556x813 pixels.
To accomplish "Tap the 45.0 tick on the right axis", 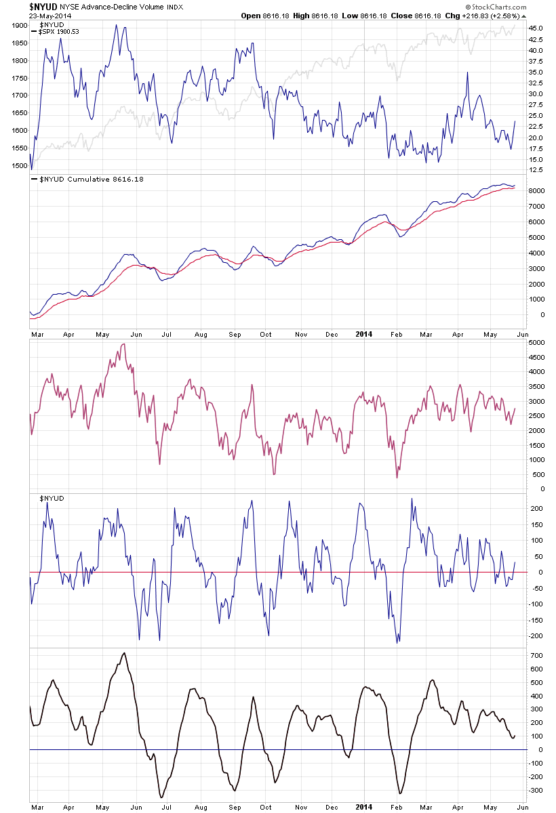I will pyautogui.click(x=537, y=28).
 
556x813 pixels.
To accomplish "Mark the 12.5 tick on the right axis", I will pyautogui.click(x=537, y=169).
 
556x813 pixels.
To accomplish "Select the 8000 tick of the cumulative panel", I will pyautogui.click(x=537, y=191).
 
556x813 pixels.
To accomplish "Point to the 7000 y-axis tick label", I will pyautogui.click(x=537, y=207).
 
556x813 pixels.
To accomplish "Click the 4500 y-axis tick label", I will pyautogui.click(x=537, y=357).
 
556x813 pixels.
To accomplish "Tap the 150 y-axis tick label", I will pyautogui.click(x=535, y=524).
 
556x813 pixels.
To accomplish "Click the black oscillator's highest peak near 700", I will pyautogui.click(x=123, y=654).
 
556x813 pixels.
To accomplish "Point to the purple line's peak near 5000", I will pyautogui.click(x=123, y=344).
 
